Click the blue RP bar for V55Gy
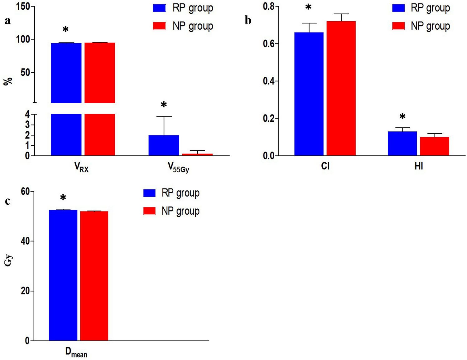164,145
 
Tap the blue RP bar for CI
309,94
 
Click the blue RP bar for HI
402,144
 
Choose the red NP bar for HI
435,146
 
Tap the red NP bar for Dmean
94,276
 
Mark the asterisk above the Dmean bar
63,198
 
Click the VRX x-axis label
81,168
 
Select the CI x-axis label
325,166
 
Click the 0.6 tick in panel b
270,44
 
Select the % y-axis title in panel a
8,81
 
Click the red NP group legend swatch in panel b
398,26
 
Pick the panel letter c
7,201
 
